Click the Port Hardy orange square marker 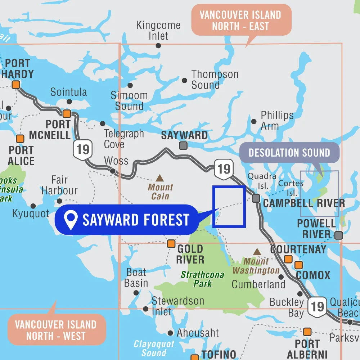[16, 85]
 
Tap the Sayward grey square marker [183, 145]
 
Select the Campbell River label [304, 203]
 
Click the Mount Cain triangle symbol [159, 178]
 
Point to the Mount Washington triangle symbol [257, 252]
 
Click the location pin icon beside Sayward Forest [71, 219]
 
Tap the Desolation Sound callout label [289, 152]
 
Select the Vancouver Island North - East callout [240, 20]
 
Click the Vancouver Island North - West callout [56, 330]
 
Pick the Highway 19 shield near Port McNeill [83, 149]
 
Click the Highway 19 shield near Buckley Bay [317, 306]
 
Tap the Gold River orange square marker [171, 244]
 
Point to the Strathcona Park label [202, 279]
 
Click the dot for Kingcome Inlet [158, 45]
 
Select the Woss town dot [113, 171]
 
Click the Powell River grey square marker [338, 235]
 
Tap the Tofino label [219, 355]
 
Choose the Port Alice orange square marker [20, 139]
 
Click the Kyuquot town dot [33, 206]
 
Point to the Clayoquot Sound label [154, 348]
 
